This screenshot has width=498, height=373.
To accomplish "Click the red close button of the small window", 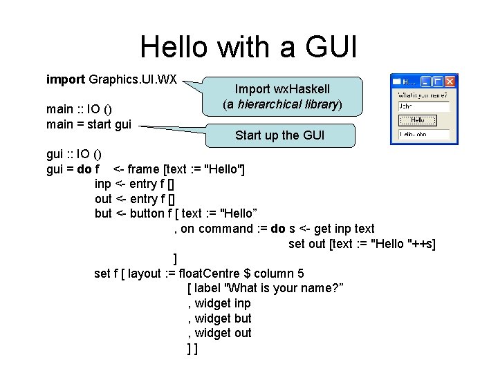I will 449,82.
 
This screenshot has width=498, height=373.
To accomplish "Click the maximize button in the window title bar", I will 438,82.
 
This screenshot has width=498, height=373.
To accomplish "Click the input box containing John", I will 424,107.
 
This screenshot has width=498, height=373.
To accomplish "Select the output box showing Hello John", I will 424,133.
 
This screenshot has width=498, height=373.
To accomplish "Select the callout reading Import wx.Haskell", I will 282,97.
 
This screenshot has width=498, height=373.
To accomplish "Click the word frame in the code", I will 144,169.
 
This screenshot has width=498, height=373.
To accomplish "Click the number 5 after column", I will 299,274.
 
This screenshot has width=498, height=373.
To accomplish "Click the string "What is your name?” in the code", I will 270,288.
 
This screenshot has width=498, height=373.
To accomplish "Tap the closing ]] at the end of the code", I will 192,349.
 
